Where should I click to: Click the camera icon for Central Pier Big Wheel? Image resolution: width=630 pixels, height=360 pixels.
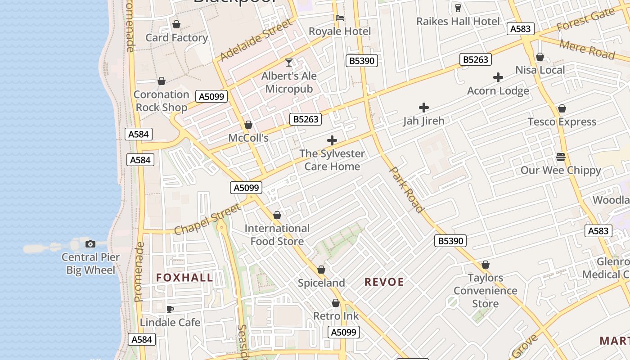pos(90,244)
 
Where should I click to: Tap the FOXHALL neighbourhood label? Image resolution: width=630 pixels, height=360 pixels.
pos(184,278)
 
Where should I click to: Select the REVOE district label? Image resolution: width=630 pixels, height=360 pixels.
pos(384,282)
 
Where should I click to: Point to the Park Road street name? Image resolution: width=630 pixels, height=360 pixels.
pos(406,189)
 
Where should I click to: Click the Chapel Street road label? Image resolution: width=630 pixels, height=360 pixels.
pos(207,219)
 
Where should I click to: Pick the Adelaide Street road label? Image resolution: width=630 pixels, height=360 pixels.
pos(256,40)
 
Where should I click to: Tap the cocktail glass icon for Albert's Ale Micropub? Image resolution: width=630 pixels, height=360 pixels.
pos(289,63)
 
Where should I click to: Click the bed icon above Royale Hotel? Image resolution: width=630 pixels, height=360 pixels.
pos(340,18)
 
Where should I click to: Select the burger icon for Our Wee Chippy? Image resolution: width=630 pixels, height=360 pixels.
pos(560,157)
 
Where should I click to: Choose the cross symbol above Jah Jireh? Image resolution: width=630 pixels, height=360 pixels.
pos(423,108)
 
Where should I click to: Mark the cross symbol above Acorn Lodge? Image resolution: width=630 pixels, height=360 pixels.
pos(498,77)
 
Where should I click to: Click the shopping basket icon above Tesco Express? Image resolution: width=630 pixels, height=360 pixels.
pos(562,108)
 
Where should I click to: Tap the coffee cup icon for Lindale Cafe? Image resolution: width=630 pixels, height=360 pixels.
pos(170,309)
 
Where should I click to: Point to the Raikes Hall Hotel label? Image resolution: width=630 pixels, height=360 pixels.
pos(458,21)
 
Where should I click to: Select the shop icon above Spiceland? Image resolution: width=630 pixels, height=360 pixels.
pos(321,270)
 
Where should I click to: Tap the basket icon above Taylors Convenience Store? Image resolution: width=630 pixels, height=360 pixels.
pos(485,265)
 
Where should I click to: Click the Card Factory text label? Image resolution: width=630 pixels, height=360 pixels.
pos(176,38)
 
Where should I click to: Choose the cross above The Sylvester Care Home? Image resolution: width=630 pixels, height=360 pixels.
pos(332,140)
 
